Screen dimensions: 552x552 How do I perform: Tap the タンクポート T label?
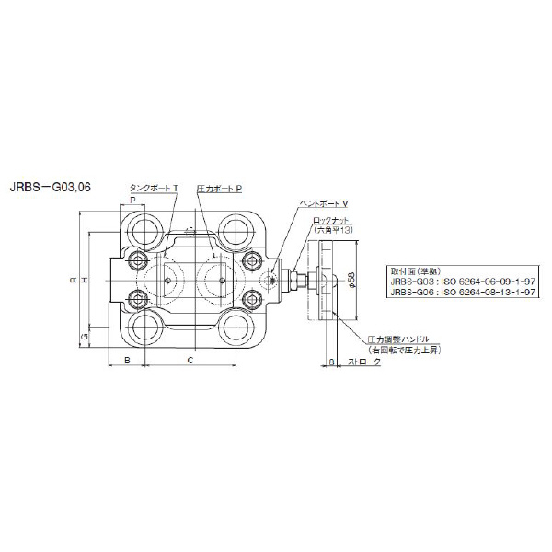[x=154, y=187]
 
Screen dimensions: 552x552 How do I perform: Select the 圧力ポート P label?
[x=219, y=187]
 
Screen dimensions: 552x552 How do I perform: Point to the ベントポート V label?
[x=326, y=201]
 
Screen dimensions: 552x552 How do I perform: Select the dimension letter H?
[x=84, y=280]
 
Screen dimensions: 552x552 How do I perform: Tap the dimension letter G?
[x=84, y=339]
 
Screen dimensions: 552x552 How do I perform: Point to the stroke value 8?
[x=330, y=362]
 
